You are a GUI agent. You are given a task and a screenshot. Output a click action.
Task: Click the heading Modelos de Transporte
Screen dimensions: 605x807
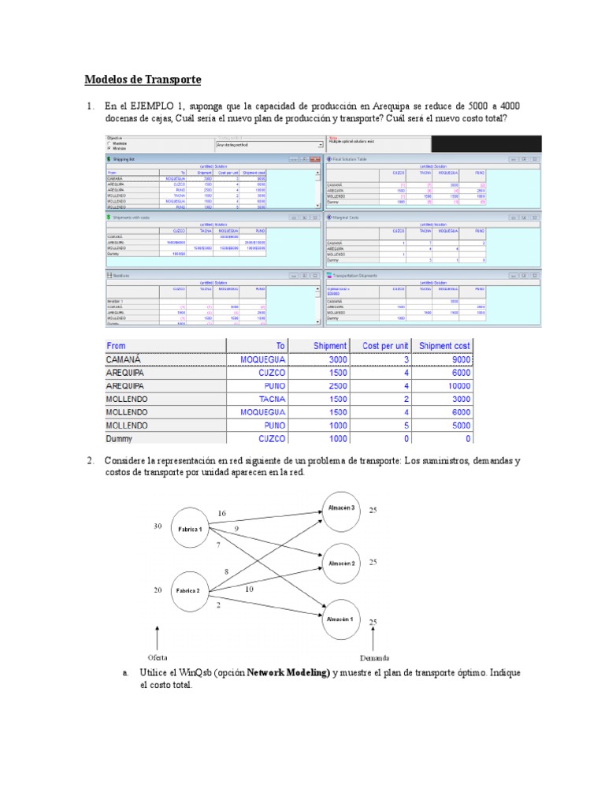[x=143, y=80]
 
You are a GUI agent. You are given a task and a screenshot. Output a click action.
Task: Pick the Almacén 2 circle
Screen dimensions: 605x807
[x=342, y=563]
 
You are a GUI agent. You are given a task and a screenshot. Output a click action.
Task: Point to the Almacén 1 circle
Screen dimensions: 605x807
[x=342, y=619]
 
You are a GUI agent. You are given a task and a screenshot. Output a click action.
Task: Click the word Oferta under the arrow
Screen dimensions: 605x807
[x=158, y=657]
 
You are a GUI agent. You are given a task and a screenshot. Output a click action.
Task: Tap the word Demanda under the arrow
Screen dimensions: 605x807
[x=375, y=657]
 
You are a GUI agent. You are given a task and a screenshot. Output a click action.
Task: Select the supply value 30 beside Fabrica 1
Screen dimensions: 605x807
[x=158, y=526]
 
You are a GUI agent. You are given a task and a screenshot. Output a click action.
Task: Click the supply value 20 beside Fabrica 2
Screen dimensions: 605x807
[x=158, y=589]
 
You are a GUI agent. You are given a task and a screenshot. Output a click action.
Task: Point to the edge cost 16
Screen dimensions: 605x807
[x=222, y=513]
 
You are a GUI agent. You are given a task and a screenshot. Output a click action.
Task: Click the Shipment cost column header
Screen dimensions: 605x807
[x=445, y=345]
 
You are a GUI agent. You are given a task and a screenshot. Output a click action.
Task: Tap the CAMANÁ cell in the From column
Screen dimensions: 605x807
[x=128, y=359]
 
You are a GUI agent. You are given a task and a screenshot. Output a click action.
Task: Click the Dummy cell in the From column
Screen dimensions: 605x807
[x=120, y=439]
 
